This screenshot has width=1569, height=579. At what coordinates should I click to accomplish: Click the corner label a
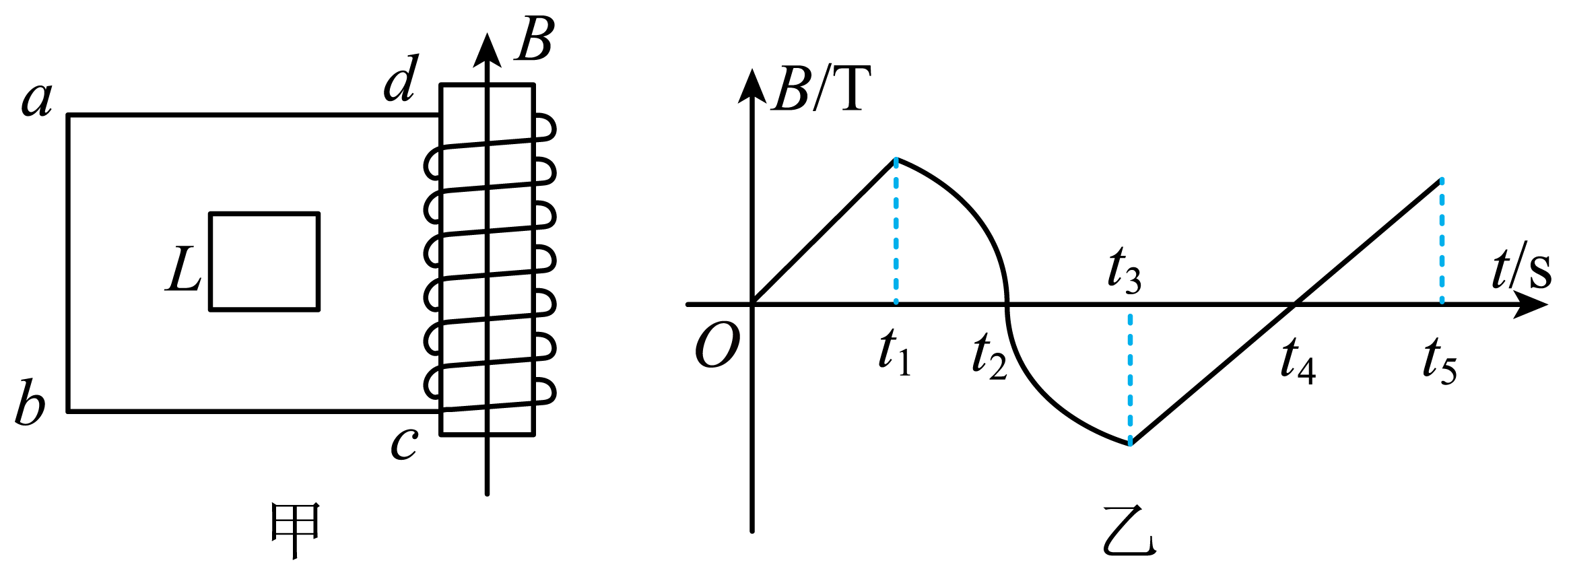(x=37, y=100)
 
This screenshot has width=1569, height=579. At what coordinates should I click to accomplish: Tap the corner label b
(x=30, y=403)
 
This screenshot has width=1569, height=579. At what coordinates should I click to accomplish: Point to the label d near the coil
(x=401, y=78)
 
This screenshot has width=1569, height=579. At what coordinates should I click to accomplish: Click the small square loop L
(x=265, y=214)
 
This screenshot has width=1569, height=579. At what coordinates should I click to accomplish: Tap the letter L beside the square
(x=183, y=269)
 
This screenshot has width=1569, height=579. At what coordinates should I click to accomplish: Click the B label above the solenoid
(x=535, y=39)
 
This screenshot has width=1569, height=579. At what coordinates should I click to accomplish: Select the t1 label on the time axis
(x=895, y=353)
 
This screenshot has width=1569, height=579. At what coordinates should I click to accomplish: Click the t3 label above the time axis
(x=1125, y=271)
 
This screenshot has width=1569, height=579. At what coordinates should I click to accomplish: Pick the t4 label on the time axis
(x=1298, y=361)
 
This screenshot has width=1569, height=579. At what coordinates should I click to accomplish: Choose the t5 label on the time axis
(x=1440, y=361)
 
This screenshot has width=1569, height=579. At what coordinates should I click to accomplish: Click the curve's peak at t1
(x=896, y=160)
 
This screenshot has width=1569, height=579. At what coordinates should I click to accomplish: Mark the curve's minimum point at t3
(x=1130, y=443)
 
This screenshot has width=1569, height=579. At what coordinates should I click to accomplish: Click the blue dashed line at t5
(x=1442, y=241)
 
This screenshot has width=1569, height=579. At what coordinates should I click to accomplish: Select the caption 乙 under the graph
(x=1130, y=532)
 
